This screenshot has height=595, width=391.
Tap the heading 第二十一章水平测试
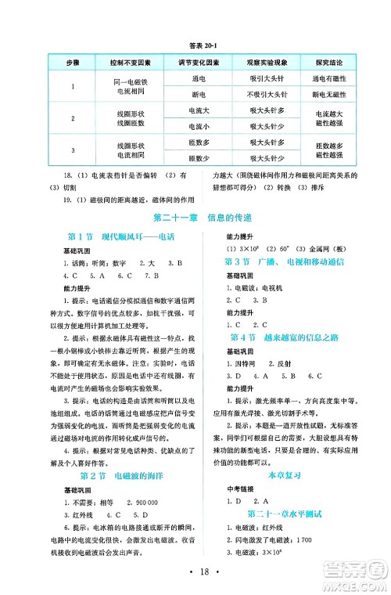click(x=285, y=514)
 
